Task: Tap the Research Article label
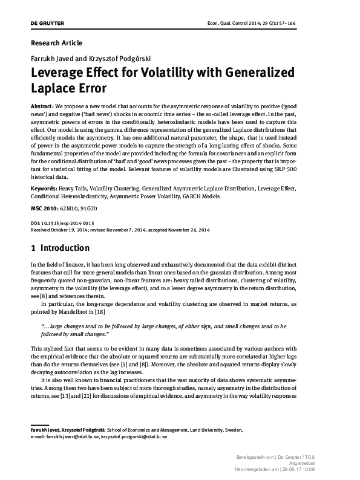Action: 56,43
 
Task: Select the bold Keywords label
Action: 44,189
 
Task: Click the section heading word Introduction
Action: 65,248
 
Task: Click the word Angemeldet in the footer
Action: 318,459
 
